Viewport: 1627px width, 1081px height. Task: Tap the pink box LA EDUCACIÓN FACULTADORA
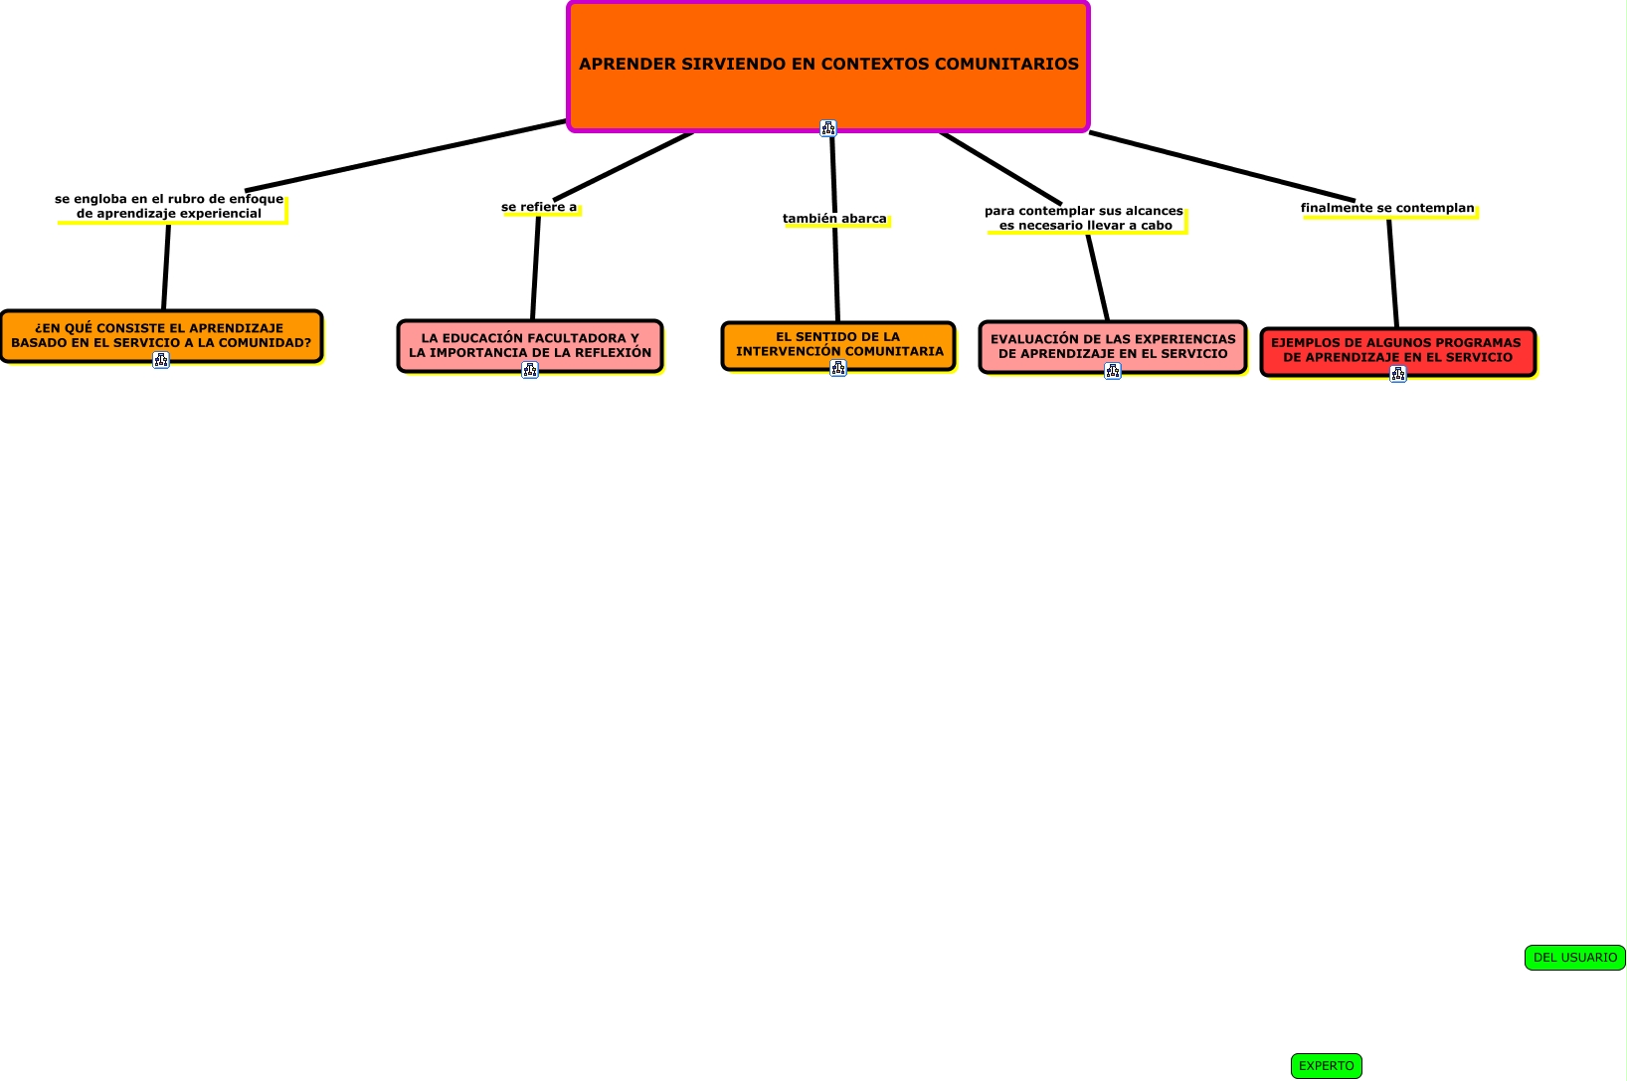529,344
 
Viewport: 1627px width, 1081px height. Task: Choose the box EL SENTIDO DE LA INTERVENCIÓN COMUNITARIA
837,343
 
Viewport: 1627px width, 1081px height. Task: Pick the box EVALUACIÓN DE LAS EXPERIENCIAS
1112,345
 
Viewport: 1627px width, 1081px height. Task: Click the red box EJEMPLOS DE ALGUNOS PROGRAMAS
1396,349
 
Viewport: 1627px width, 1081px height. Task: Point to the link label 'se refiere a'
539,207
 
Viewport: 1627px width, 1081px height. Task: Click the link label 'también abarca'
834,219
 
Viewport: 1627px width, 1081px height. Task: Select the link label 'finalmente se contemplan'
1387,208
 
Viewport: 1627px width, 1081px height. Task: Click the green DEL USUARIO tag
1574,958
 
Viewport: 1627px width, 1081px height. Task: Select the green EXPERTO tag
1326,1066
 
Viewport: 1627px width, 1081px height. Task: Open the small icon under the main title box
828,127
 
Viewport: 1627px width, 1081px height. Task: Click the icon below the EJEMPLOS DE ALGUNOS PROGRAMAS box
1398,374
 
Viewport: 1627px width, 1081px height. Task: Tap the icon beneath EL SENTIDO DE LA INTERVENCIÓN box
838,368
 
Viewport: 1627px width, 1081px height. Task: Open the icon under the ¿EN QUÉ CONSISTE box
161,360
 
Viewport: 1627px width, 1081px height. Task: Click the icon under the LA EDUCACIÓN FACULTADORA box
530,370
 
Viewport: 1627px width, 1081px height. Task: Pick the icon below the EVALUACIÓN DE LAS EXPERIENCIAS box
1113,371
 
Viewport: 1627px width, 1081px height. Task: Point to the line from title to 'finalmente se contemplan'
1223,167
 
